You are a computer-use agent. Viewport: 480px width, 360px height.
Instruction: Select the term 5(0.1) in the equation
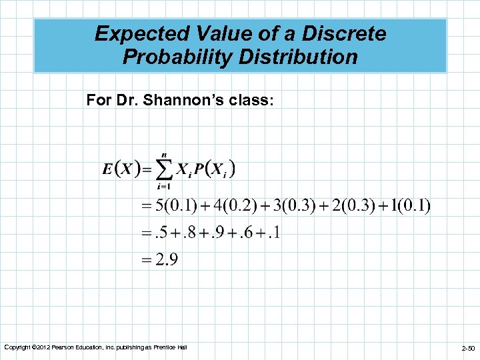point(175,206)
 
